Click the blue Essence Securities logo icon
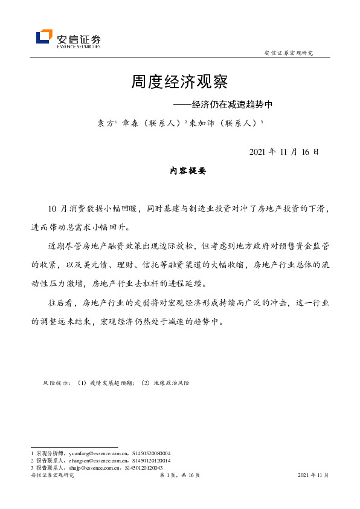click(44, 37)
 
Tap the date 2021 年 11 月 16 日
click(284, 151)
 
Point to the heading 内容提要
click(188, 172)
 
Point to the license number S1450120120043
click(144, 467)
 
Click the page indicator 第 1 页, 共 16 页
click(179, 476)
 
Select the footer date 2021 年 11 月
click(313, 476)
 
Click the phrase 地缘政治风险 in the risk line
click(171, 383)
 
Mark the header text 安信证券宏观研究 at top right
click(289, 53)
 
